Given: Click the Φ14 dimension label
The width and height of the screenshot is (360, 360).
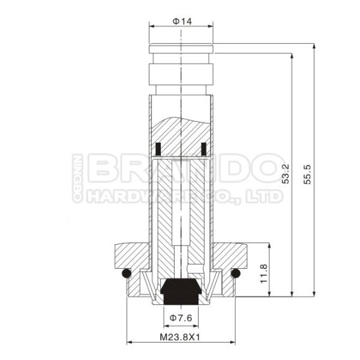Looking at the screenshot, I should point(182,21).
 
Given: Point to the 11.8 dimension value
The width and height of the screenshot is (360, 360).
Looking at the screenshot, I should point(263,270).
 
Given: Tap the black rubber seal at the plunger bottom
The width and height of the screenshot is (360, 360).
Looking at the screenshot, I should point(181,290).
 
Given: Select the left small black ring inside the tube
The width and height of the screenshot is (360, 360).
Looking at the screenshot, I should point(158,148).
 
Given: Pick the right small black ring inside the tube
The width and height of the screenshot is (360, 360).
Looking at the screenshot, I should point(203,148).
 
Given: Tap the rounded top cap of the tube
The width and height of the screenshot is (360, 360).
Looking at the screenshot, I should point(181,47).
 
